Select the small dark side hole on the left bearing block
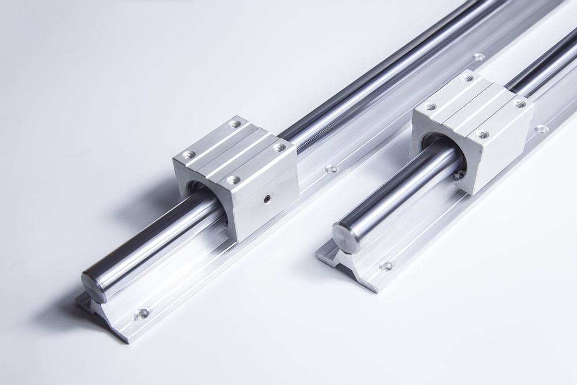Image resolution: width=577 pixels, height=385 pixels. pyautogui.click(x=266, y=199)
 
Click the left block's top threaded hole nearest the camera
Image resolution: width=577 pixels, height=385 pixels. pyautogui.click(x=233, y=180)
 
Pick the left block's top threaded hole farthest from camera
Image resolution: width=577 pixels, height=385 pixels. pyautogui.click(x=234, y=124)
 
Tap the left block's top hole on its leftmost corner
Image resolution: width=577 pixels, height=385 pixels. pyautogui.click(x=189, y=155)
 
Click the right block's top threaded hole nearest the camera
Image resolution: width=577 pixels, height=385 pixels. pyautogui.click(x=482, y=134)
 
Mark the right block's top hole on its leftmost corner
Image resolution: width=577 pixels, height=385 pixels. pyautogui.click(x=430, y=107)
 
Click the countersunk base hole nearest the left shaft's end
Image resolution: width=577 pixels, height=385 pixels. pyautogui.click(x=141, y=314)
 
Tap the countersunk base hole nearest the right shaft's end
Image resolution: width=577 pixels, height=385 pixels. pyautogui.click(x=385, y=266)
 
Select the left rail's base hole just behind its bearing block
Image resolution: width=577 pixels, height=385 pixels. pyautogui.click(x=331, y=169)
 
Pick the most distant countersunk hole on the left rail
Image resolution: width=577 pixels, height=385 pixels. pyautogui.click(x=478, y=57)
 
